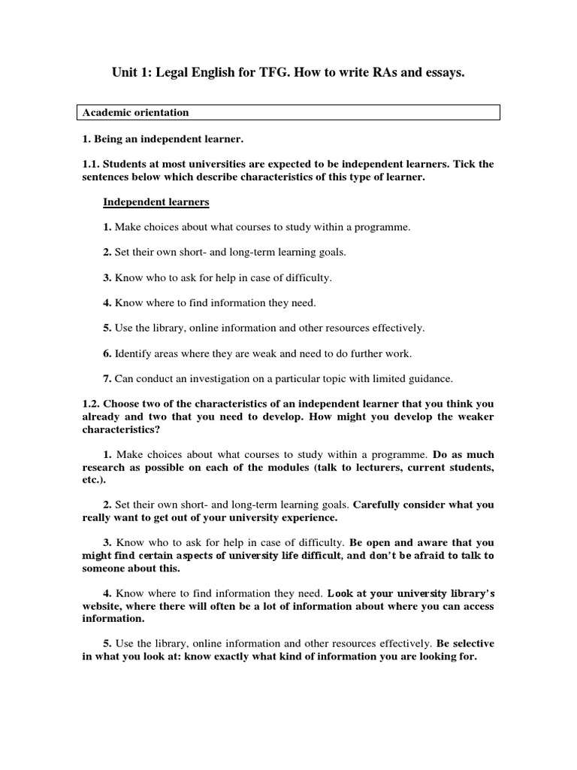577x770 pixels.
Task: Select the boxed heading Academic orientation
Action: (135, 113)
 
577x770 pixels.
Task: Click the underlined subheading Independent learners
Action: (156, 202)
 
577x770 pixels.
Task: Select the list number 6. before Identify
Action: (107, 353)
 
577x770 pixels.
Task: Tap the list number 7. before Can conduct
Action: (107, 378)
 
